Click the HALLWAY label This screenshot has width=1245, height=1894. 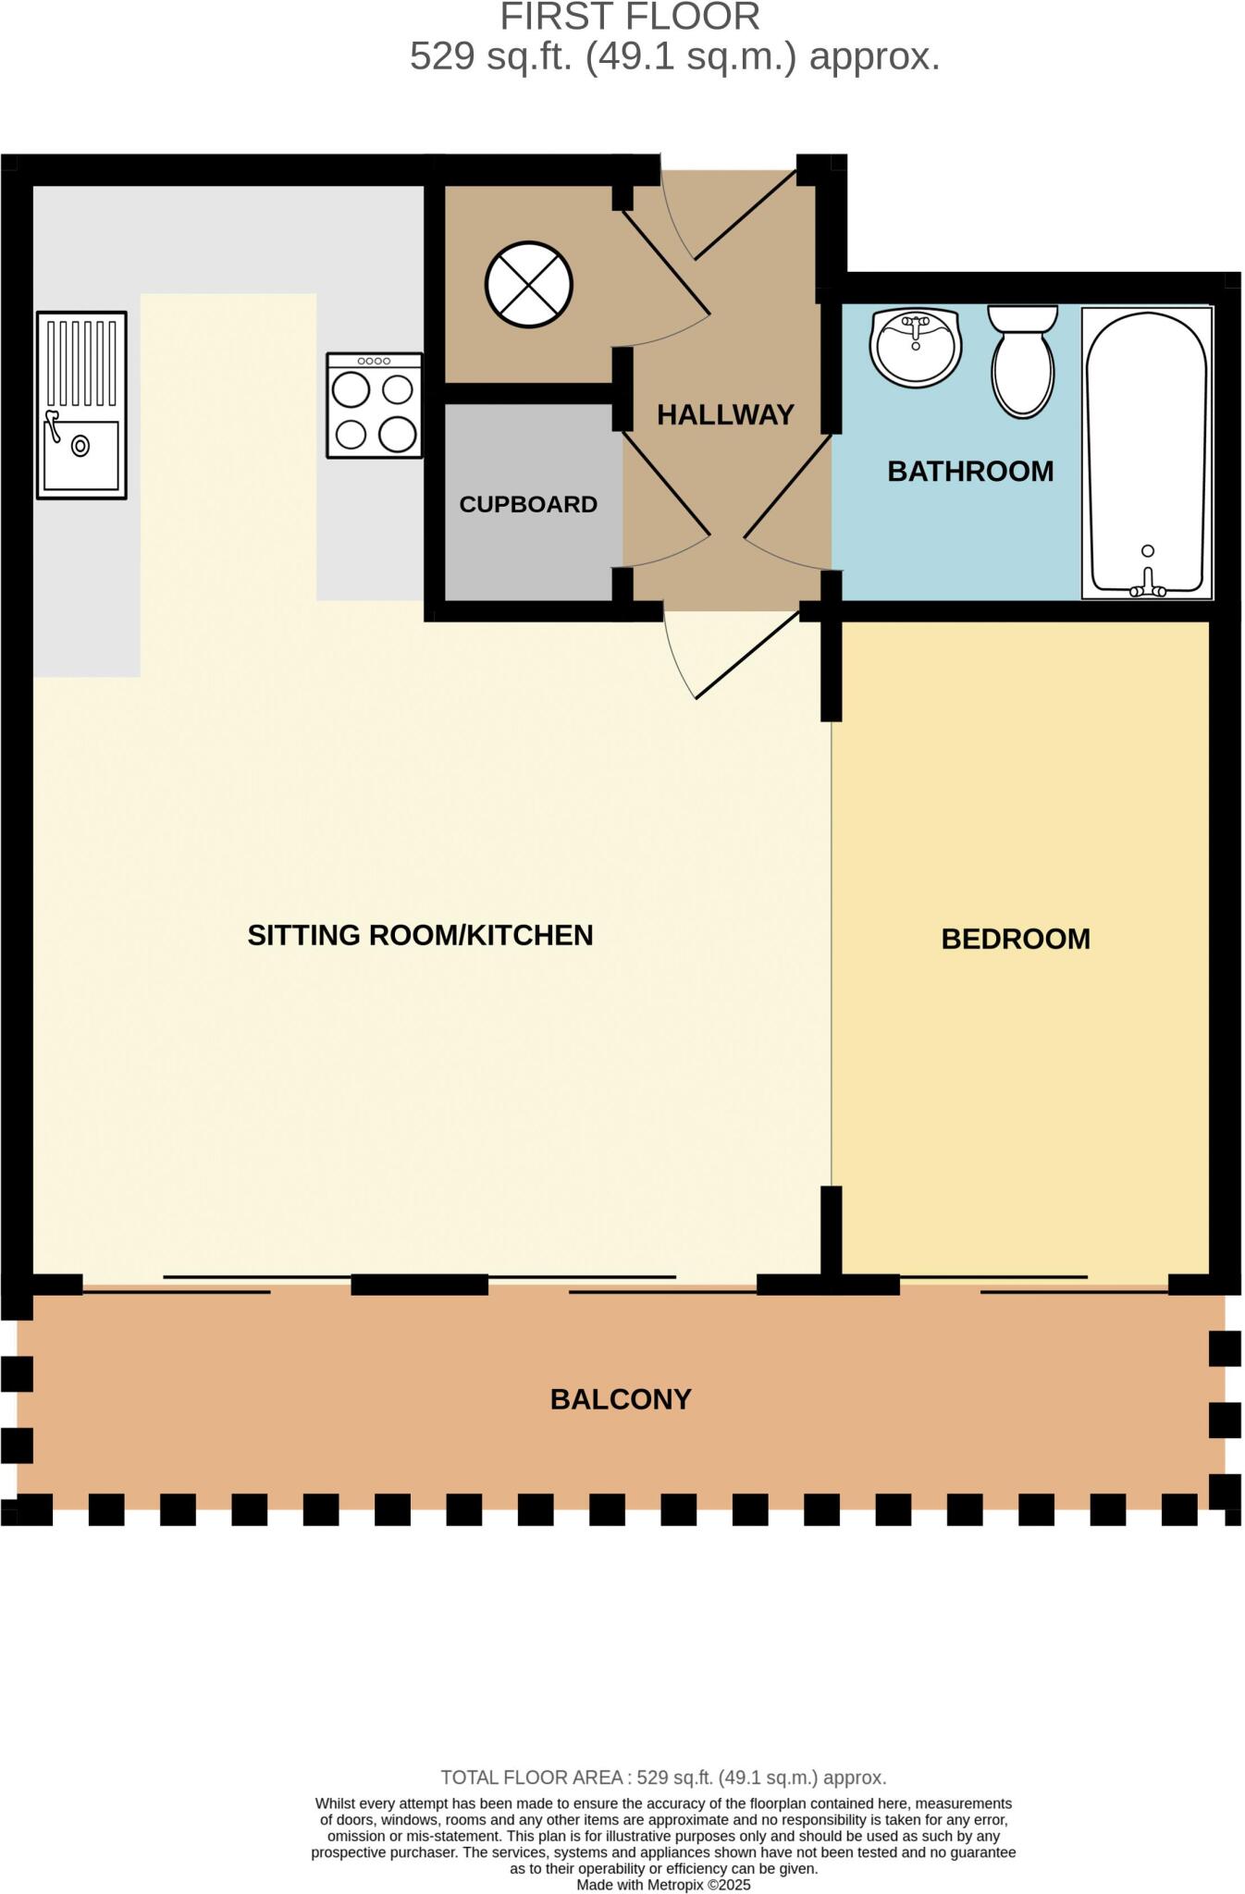click(x=725, y=415)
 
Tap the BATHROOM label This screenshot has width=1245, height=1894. click(x=970, y=472)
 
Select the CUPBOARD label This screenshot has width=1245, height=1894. click(x=528, y=505)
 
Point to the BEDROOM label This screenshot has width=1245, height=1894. click(x=1015, y=940)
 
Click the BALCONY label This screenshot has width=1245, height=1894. click(x=621, y=1399)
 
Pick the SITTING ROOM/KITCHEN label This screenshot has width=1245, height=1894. click(x=420, y=936)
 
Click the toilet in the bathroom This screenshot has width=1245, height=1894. click(x=1022, y=363)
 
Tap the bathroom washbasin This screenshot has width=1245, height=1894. click(x=916, y=348)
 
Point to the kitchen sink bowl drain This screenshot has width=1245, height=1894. click(x=81, y=447)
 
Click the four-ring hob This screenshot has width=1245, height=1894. click(x=374, y=406)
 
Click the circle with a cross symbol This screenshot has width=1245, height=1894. click(x=529, y=284)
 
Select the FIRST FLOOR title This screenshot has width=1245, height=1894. click(x=630, y=17)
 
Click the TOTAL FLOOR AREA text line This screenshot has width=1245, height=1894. click(x=663, y=1777)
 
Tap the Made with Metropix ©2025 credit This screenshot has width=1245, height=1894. click(x=663, y=1885)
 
